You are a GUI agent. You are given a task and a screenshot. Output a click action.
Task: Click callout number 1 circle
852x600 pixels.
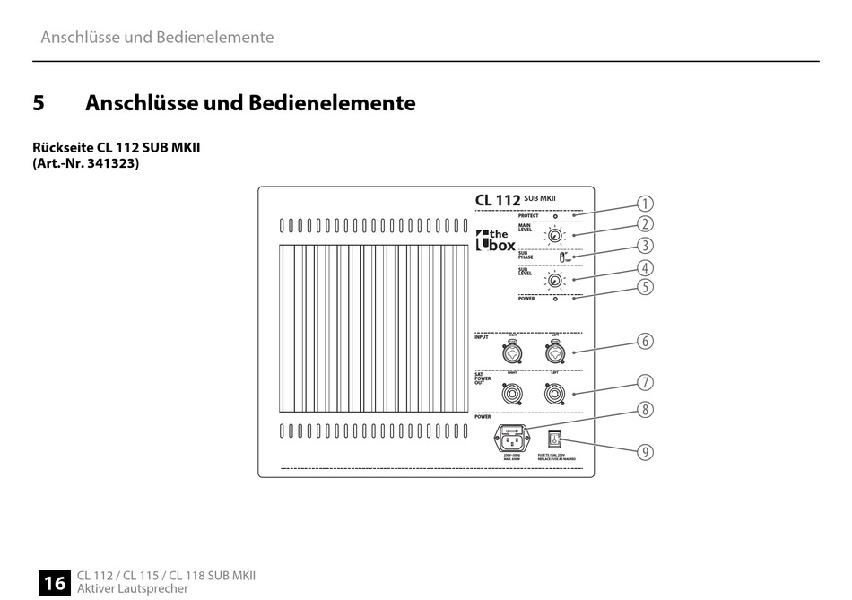645,204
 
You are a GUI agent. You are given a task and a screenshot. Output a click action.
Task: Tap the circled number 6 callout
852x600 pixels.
645,341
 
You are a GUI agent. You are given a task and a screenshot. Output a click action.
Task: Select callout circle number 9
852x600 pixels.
645,452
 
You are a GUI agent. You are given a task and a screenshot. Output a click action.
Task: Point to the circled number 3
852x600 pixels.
645,245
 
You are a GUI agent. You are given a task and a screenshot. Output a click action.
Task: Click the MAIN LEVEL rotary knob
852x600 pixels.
556,237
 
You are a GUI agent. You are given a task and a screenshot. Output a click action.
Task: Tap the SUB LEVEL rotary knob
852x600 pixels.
556,282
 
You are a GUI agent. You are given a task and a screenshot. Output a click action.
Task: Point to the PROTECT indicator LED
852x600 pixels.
556,216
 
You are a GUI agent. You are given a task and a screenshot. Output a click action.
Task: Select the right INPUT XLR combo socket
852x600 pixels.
554,349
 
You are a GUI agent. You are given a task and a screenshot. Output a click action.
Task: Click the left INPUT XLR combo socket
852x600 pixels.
513,349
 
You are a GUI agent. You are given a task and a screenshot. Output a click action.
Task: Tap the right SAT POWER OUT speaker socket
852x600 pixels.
554,393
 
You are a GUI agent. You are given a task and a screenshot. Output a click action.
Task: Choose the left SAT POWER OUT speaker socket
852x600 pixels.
513,393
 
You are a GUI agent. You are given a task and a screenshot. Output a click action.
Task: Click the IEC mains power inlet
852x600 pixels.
513,439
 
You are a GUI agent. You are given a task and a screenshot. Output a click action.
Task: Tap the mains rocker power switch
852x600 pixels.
555,439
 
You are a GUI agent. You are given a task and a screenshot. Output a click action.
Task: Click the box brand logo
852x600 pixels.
495,239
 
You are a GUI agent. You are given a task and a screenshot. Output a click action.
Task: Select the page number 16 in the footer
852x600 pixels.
54,583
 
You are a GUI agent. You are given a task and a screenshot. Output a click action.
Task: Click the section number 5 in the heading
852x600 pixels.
39,103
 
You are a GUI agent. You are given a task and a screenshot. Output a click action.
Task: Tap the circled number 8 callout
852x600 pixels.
645,410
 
